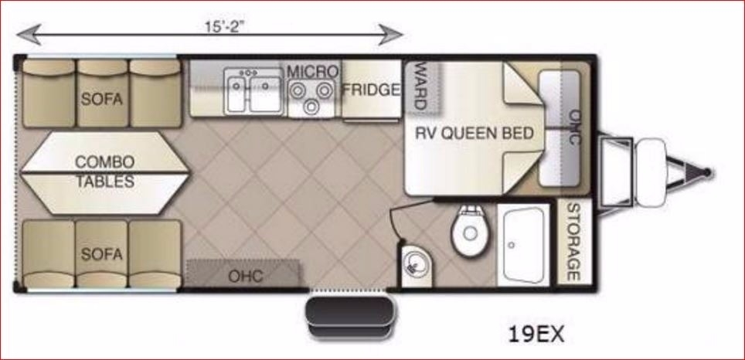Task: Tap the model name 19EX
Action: (x=536, y=335)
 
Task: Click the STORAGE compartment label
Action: (x=573, y=243)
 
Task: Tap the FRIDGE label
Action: (x=371, y=90)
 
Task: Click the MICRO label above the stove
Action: (x=313, y=72)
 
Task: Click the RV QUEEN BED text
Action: (x=475, y=134)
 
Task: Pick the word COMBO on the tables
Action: (x=104, y=161)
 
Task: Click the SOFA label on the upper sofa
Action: (x=102, y=99)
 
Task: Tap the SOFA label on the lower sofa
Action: (x=102, y=254)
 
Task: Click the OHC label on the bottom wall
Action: (x=246, y=276)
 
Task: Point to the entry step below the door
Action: (x=350, y=317)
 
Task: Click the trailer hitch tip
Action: (x=708, y=172)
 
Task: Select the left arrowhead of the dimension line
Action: (x=29, y=35)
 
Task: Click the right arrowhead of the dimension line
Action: (x=391, y=35)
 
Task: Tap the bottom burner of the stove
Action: (x=311, y=107)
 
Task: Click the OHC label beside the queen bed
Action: (x=574, y=127)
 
